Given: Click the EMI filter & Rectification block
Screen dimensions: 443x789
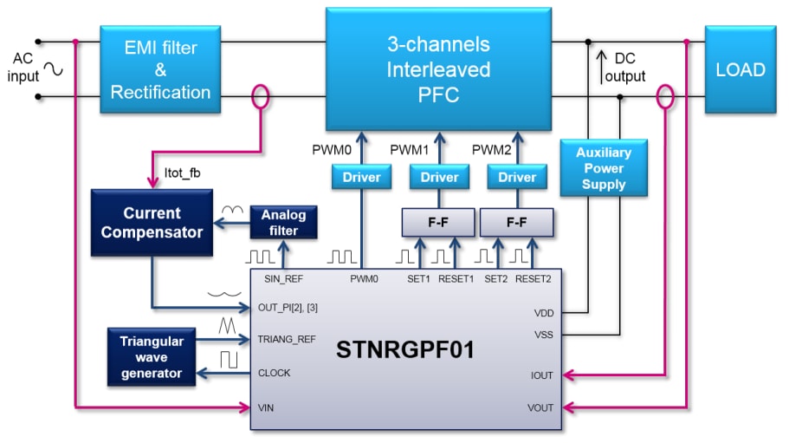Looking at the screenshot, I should [x=160, y=69].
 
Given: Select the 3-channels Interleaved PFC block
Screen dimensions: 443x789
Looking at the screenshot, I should [x=438, y=69].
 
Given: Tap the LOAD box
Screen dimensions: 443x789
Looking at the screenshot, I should [x=739, y=69].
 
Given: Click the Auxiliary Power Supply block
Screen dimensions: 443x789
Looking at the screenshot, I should [x=604, y=168].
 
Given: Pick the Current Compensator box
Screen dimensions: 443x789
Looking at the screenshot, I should [x=152, y=222].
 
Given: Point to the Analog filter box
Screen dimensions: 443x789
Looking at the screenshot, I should [x=283, y=222].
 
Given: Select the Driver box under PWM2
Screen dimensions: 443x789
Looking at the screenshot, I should [x=517, y=177].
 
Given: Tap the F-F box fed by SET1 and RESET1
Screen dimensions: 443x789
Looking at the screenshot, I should [x=438, y=223].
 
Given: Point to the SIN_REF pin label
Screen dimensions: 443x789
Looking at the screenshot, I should [x=282, y=279].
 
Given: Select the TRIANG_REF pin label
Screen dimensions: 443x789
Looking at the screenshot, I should [x=287, y=339].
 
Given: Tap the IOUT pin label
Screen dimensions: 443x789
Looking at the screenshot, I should [x=542, y=375].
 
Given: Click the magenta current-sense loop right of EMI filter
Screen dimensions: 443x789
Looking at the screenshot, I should [x=260, y=96].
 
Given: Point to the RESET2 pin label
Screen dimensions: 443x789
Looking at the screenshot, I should [x=533, y=279].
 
